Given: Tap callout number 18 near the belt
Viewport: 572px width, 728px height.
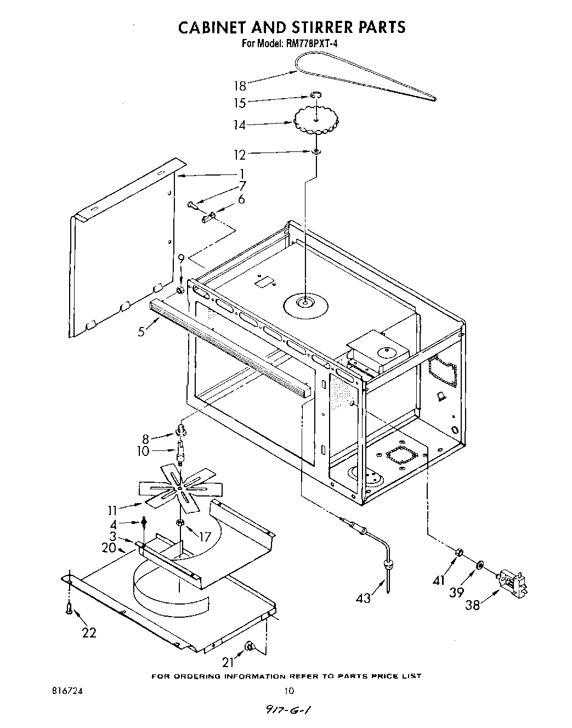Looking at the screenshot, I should [x=240, y=86].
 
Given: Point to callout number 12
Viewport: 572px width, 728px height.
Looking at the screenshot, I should [x=240, y=155].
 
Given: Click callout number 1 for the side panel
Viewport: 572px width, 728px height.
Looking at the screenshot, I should [x=242, y=174].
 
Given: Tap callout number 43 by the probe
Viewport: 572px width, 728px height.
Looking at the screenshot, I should [x=363, y=597].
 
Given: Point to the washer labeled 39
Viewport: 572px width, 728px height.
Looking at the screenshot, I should [x=480, y=565].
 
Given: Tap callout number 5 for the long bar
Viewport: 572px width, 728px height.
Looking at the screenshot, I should [x=141, y=331].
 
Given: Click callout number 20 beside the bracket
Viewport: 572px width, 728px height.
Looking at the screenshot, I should [x=109, y=547].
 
